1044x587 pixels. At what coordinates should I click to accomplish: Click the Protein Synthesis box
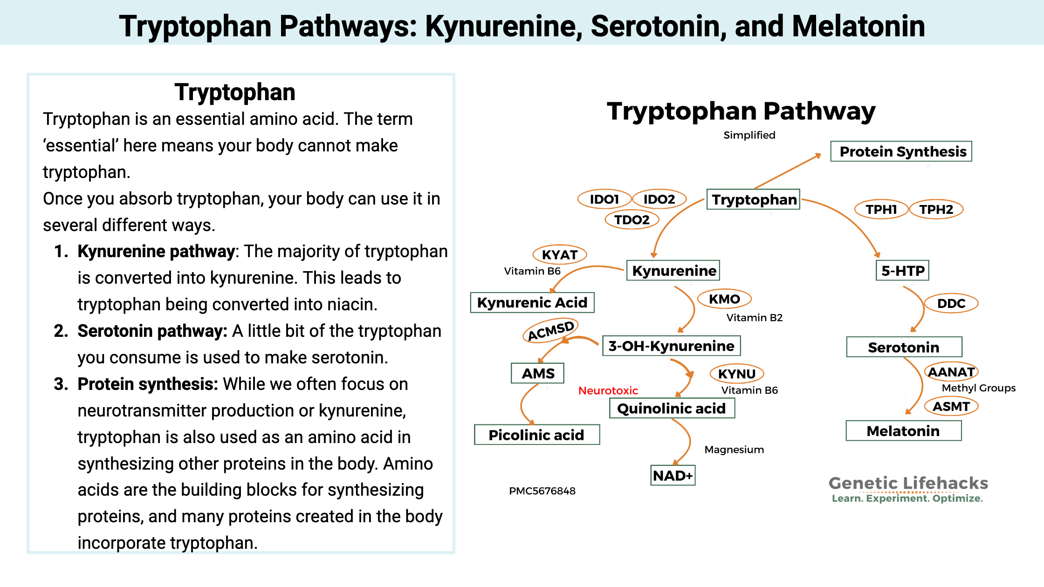(901, 151)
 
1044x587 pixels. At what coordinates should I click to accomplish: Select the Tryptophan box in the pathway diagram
(753, 199)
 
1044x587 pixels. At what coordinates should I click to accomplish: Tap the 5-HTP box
(902, 271)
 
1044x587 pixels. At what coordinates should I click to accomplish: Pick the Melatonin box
(903, 431)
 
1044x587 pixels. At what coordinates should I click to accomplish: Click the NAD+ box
(673, 476)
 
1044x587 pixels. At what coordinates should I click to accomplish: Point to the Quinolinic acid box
(672, 409)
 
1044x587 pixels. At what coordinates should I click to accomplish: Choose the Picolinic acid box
(536, 435)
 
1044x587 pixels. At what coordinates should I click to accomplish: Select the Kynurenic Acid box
(532, 303)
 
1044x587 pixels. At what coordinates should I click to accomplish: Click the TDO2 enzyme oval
(632, 220)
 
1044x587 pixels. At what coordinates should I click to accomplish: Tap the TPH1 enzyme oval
(881, 210)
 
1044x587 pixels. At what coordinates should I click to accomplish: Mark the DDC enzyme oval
(951, 304)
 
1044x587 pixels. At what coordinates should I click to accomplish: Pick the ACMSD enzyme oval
(550, 330)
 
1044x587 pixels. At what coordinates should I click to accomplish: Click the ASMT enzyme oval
(951, 407)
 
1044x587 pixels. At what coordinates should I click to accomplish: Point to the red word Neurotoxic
(608, 390)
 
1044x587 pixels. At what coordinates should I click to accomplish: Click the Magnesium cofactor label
(734, 450)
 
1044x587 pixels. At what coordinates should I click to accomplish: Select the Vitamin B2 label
(754, 318)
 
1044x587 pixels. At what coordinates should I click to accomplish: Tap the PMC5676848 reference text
(542, 491)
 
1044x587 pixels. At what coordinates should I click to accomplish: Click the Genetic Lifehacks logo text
(908, 484)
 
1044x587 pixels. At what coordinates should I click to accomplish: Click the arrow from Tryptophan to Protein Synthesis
(788, 171)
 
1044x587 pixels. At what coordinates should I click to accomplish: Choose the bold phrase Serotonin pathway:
(152, 331)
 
